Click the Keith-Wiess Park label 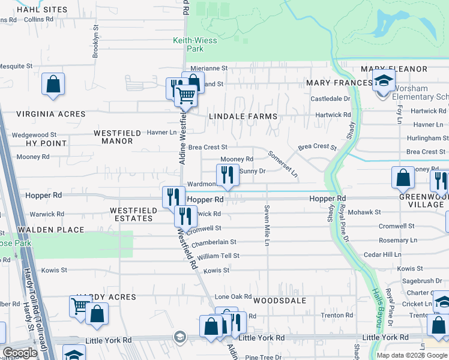click(x=195, y=44)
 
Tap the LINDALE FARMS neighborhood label click(x=243, y=116)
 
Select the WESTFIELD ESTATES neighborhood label click(x=131, y=214)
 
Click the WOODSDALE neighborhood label click(x=280, y=301)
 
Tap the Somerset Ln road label click(x=283, y=164)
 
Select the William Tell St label click(x=218, y=256)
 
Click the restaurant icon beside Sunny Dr click(x=228, y=175)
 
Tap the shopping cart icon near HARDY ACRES click(x=80, y=306)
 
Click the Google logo click(x=20, y=353)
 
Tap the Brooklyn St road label click(x=95, y=45)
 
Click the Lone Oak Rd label click(x=233, y=297)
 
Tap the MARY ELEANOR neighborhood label click(x=394, y=70)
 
